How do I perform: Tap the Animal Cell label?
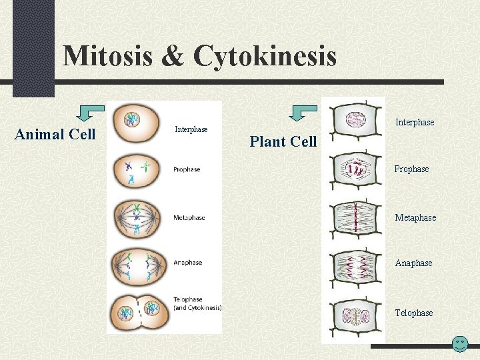click(55, 135)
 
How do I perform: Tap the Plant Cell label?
click(283, 141)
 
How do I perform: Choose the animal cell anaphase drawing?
click(137, 263)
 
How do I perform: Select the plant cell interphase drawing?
click(355, 121)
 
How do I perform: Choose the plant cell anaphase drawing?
click(355, 265)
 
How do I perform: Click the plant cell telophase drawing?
click(355, 313)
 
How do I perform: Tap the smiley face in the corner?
click(459, 345)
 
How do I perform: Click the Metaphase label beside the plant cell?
click(415, 218)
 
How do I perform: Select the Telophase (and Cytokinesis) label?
click(197, 304)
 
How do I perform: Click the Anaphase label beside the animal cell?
click(187, 263)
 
